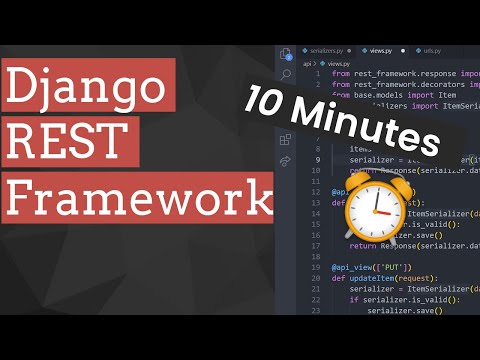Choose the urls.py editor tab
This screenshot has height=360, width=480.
coord(433,50)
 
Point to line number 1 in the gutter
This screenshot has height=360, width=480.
coord(317,73)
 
